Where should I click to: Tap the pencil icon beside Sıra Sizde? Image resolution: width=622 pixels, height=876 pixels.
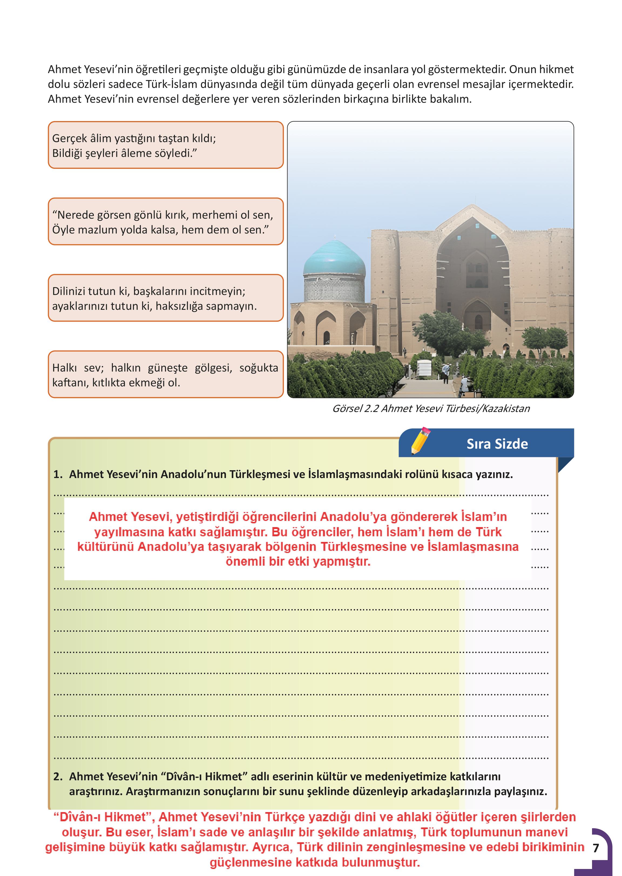coord(420,440)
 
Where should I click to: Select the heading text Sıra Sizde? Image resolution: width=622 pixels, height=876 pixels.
coord(497,444)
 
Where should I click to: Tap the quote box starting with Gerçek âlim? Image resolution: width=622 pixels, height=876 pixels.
coord(165,145)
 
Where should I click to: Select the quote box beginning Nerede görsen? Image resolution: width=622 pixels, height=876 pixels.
coord(165,221)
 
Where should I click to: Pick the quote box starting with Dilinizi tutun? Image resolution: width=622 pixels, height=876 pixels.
coord(165,298)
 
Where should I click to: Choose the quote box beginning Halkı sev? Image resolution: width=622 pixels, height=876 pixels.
coord(165,375)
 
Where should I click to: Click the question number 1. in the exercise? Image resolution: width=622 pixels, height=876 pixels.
coord(58,474)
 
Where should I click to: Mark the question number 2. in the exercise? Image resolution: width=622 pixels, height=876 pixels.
coord(58,776)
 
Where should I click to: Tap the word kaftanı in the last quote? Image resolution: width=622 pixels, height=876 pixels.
coord(70,383)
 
